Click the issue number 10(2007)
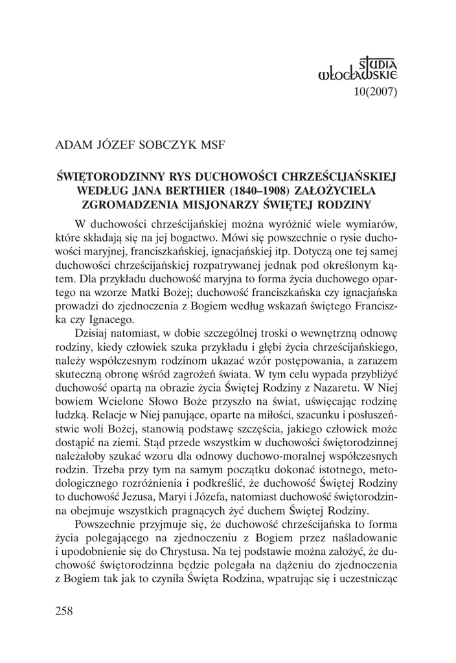click(375, 91)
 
